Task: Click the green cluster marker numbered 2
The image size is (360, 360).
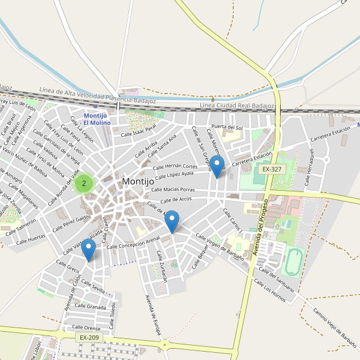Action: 84,183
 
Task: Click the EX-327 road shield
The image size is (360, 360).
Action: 272,170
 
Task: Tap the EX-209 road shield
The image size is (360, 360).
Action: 89,338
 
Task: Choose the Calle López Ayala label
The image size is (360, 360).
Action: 175,175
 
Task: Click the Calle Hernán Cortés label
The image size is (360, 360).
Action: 175,167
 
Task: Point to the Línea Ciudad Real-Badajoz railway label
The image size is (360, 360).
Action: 236,106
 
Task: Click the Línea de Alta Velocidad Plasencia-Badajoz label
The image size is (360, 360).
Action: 98,95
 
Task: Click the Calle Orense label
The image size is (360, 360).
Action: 86,328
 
